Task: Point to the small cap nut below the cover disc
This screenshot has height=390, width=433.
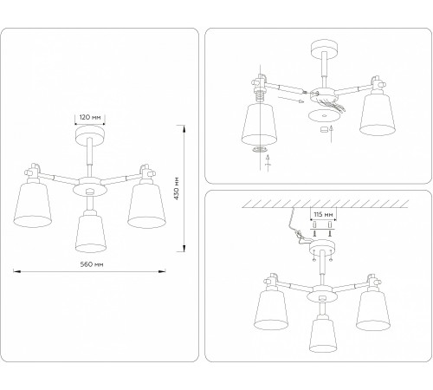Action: (x=326, y=131)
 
